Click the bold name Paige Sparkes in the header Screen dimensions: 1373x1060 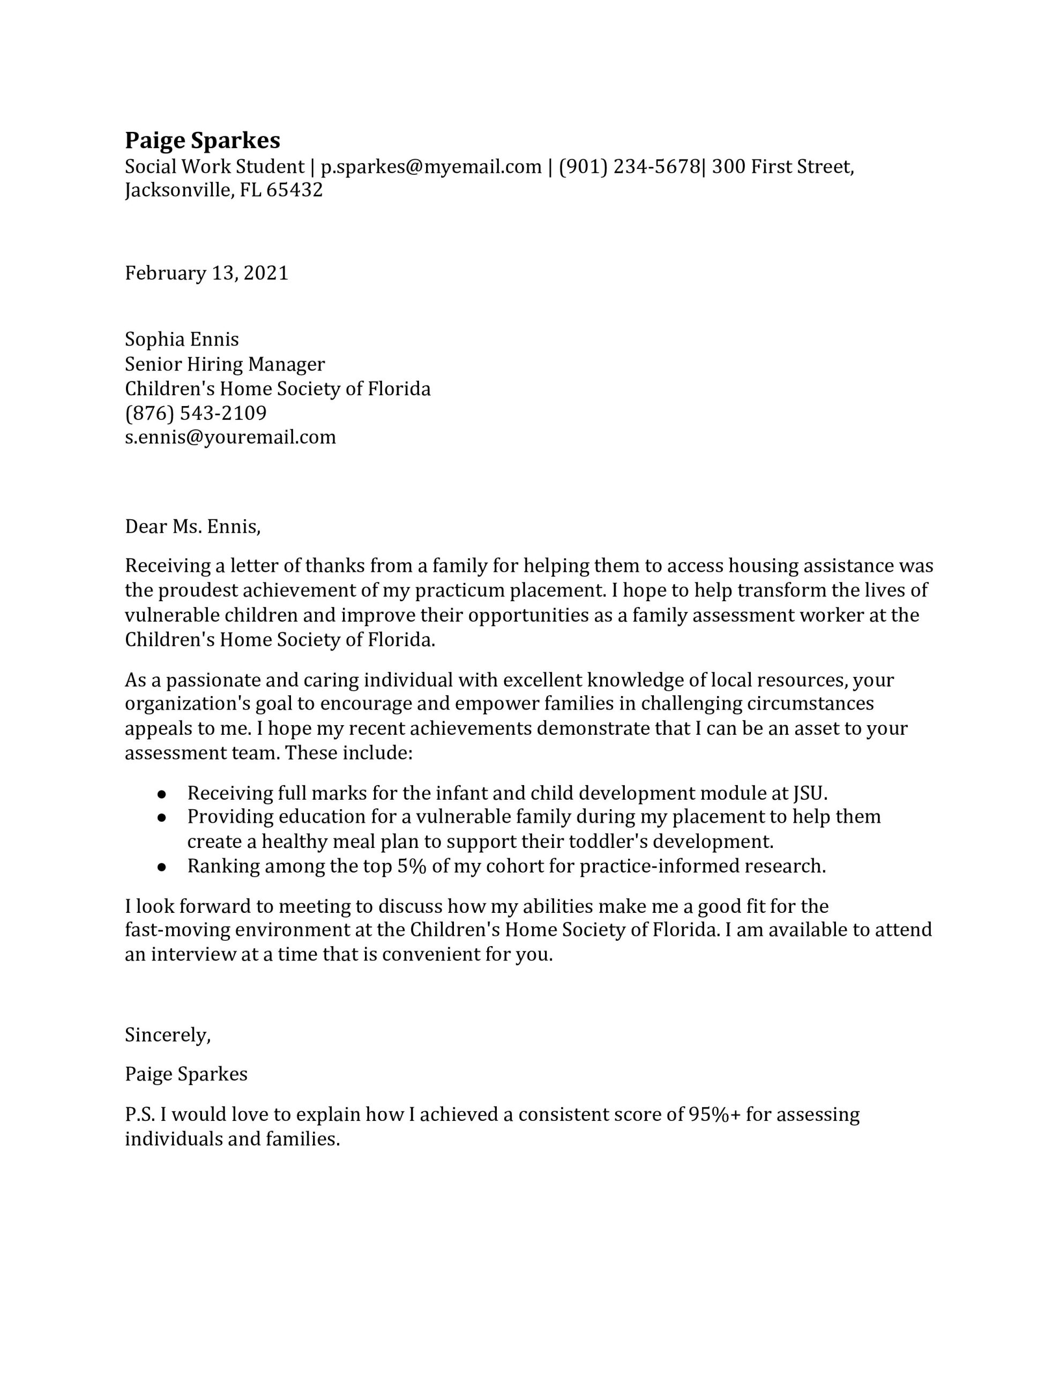click(203, 140)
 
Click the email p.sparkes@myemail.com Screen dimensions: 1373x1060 click(430, 167)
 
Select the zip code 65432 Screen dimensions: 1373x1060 click(294, 190)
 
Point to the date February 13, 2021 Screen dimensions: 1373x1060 click(206, 273)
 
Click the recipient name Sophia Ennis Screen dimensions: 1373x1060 click(182, 339)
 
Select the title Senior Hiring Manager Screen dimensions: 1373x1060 click(225, 364)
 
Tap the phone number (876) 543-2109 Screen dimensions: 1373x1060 click(196, 413)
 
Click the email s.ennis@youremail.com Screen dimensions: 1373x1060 click(230, 437)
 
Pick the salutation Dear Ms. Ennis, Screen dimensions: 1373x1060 click(192, 526)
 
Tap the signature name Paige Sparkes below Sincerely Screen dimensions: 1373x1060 click(186, 1074)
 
